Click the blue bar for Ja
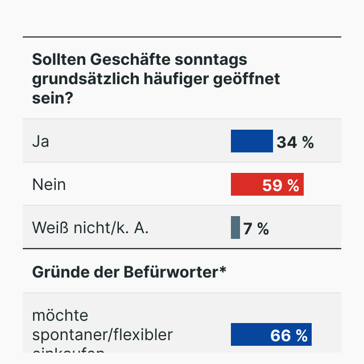click(251, 141)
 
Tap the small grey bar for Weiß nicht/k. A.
click(235, 227)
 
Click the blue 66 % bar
click(250, 334)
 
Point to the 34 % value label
click(295, 142)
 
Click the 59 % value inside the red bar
click(280, 185)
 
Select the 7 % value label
click(256, 229)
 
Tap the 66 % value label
click(289, 336)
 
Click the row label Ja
click(40, 141)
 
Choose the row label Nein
click(49, 184)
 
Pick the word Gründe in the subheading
click(56, 272)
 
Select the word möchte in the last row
click(60, 315)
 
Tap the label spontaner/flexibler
click(102, 334)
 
